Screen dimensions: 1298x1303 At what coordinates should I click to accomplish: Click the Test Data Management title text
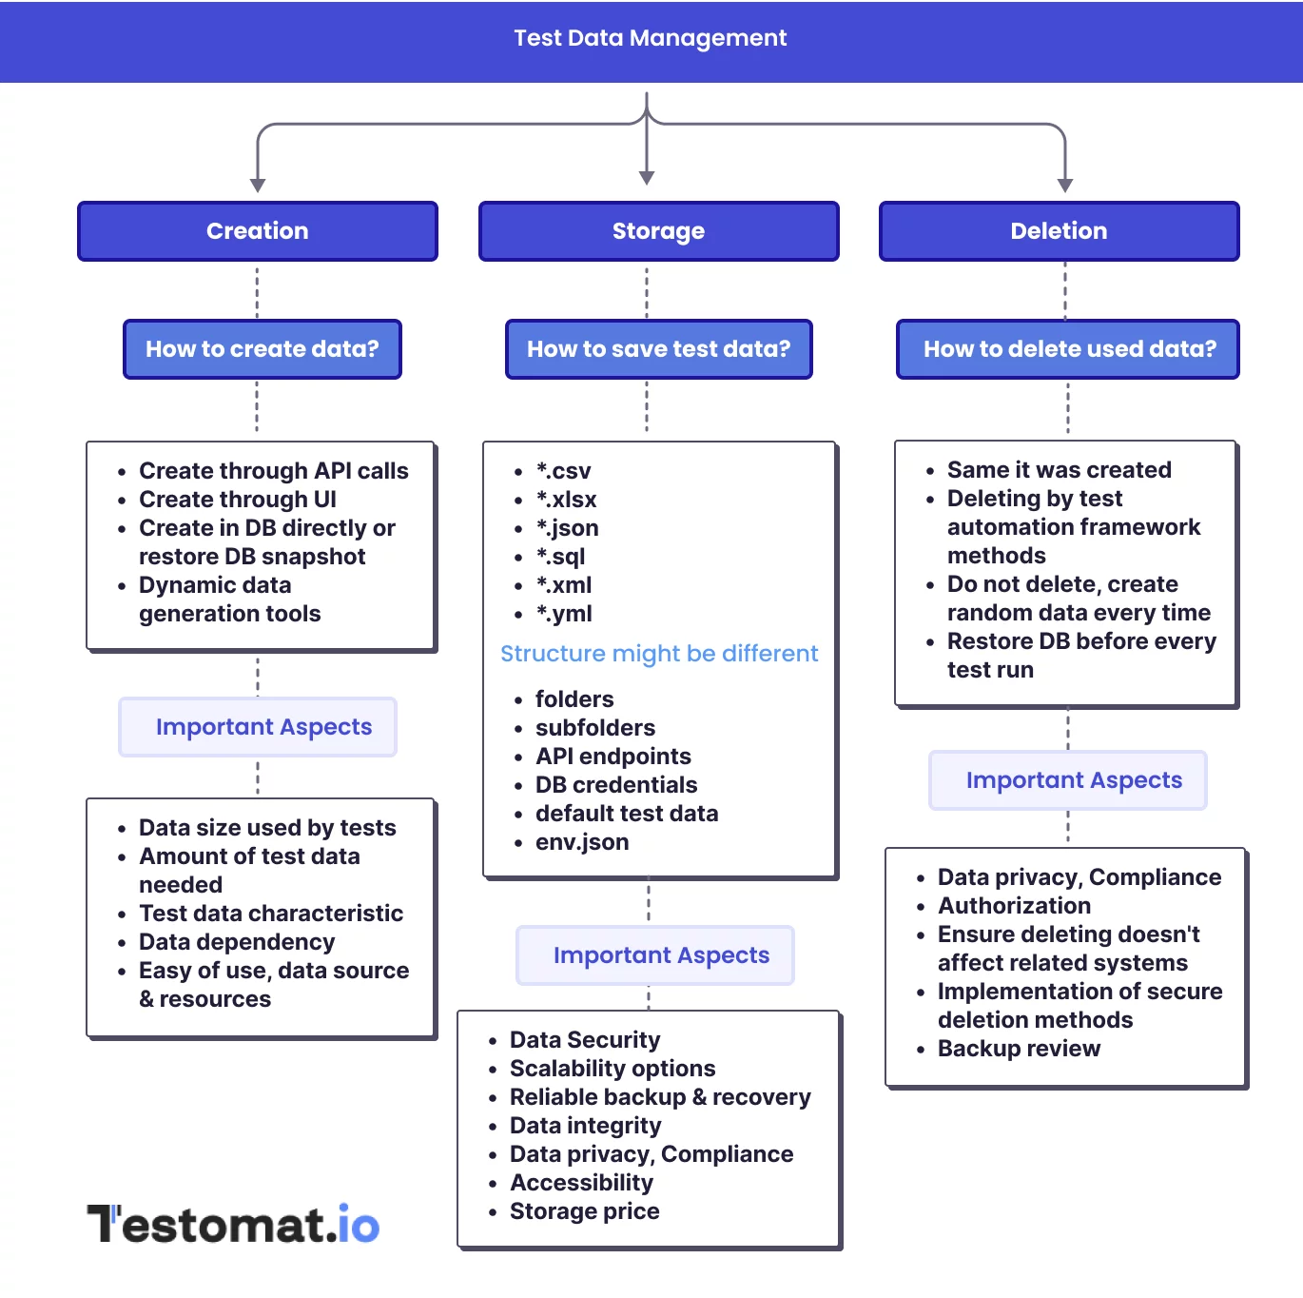point(650,38)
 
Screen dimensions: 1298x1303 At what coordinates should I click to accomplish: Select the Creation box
point(258,231)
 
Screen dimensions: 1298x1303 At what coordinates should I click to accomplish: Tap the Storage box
point(658,231)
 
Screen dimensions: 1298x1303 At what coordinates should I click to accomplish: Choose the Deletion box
point(1059,231)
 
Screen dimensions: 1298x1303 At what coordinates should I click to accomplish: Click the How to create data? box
point(263,349)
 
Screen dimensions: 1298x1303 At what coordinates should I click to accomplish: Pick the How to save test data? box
point(658,349)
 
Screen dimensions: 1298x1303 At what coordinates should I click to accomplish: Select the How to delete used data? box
point(1069,349)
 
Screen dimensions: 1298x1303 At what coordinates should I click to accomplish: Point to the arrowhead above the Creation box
point(258,185)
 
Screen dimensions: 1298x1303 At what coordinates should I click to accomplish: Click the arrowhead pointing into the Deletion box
point(1065,185)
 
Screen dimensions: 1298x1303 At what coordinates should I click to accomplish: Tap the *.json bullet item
point(567,528)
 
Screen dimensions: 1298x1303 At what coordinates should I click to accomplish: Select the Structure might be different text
point(658,654)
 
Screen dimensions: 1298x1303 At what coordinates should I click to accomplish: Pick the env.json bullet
point(581,842)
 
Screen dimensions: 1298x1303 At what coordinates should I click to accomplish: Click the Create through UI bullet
point(238,500)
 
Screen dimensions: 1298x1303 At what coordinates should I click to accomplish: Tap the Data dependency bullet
point(237,942)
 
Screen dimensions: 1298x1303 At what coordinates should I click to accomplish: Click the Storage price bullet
point(584,1211)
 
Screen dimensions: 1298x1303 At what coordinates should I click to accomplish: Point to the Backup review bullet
point(1019,1049)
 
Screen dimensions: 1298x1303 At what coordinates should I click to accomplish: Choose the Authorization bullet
point(1014,906)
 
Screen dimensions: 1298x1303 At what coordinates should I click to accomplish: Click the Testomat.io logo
point(234,1224)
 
